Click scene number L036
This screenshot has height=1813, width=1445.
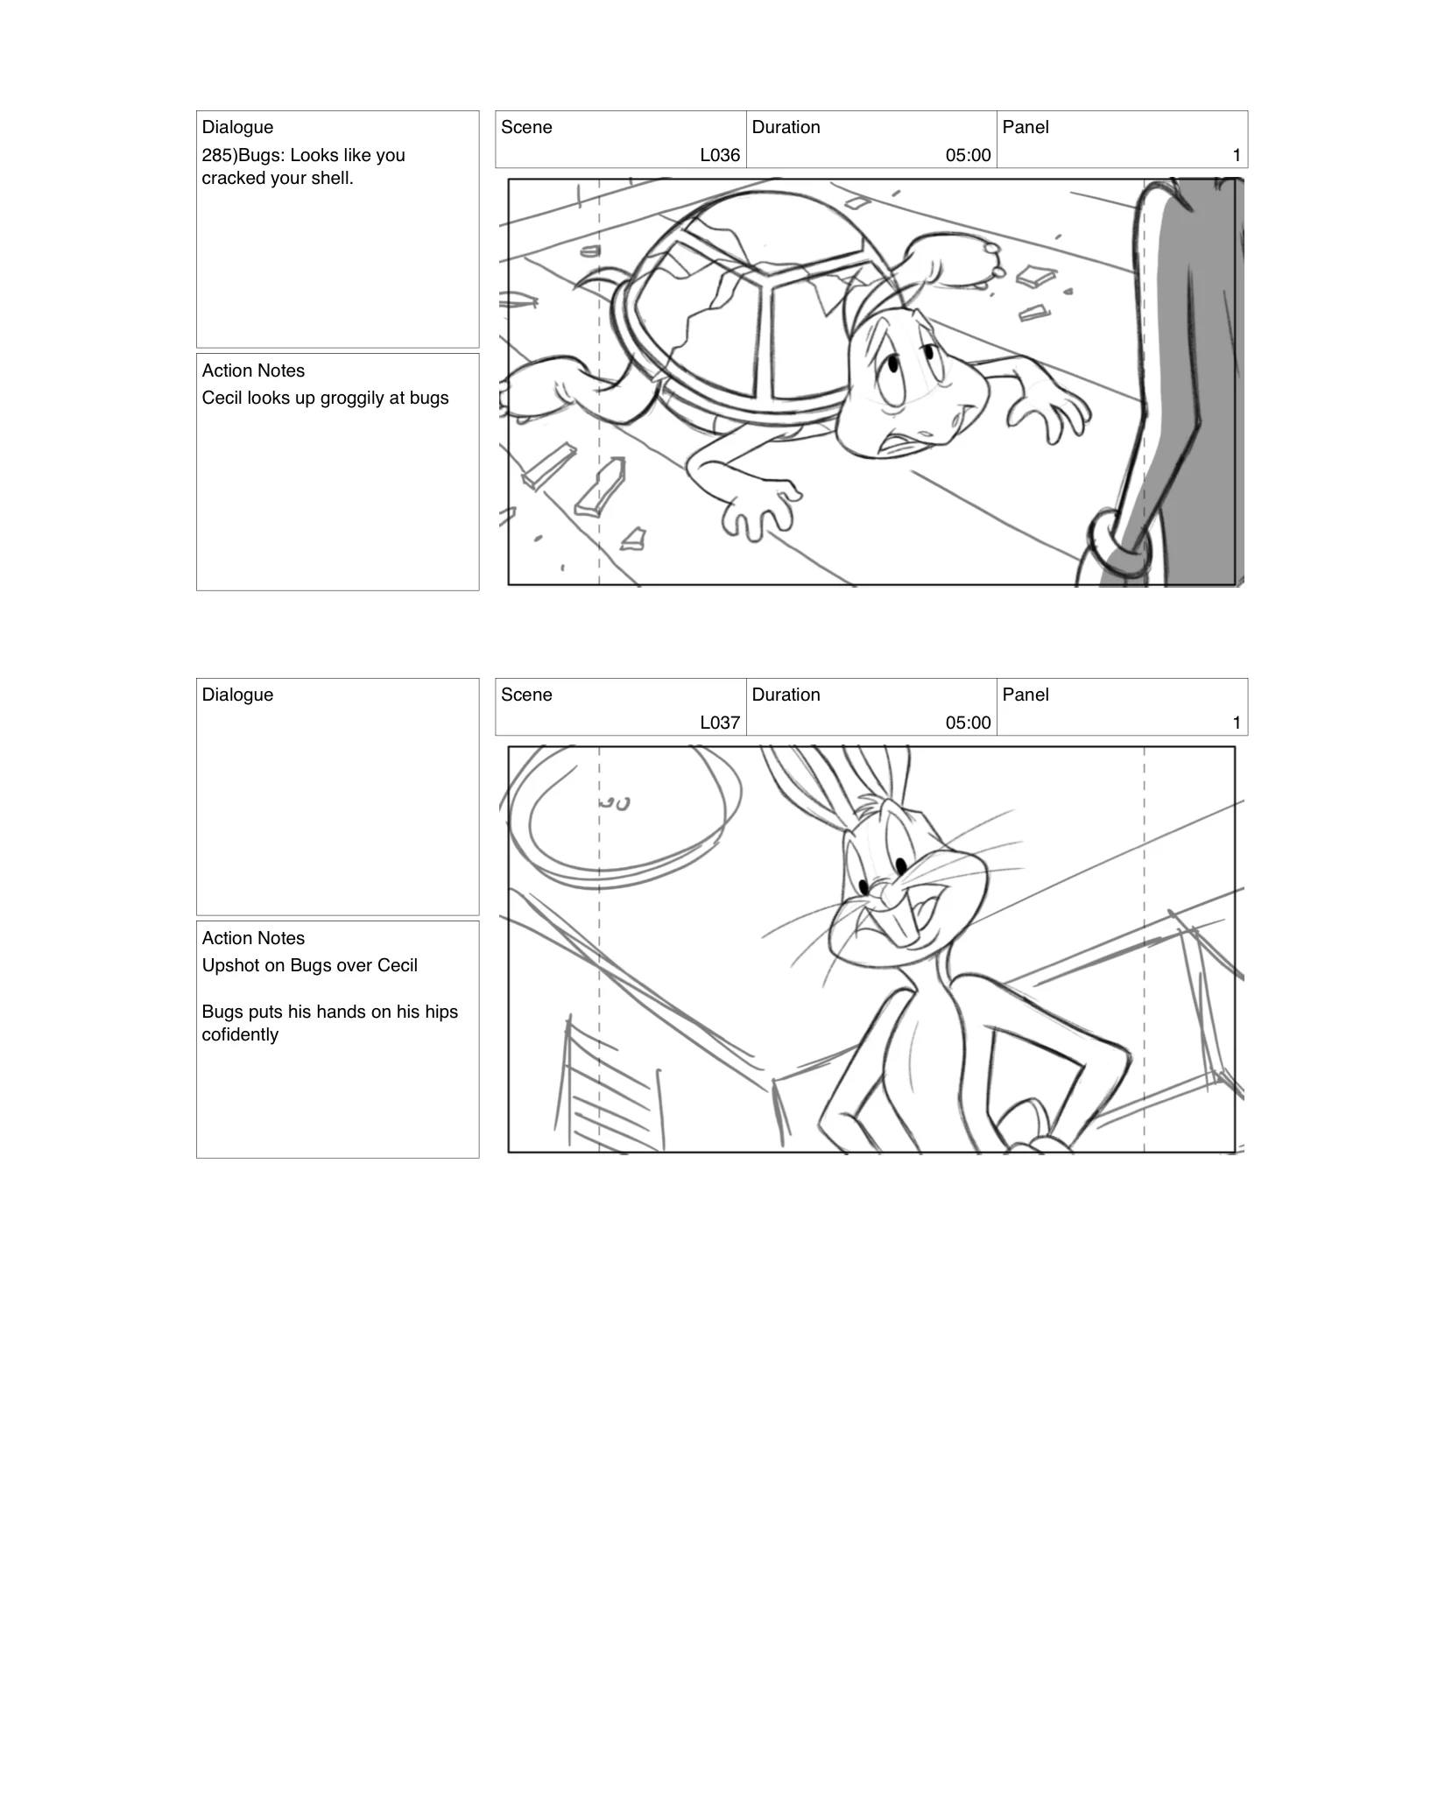[x=720, y=155]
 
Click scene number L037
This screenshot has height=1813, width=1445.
[x=720, y=723]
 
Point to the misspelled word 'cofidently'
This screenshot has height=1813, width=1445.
[x=240, y=1034]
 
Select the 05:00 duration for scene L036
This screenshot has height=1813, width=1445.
[x=968, y=155]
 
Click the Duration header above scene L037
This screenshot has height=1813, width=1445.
[x=786, y=695]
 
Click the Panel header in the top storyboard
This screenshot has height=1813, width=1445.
[x=1025, y=127]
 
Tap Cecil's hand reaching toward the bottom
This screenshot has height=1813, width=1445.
[x=758, y=512]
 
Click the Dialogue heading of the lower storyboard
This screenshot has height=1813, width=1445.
[x=237, y=695]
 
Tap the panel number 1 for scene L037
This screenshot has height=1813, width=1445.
[x=1236, y=723]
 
